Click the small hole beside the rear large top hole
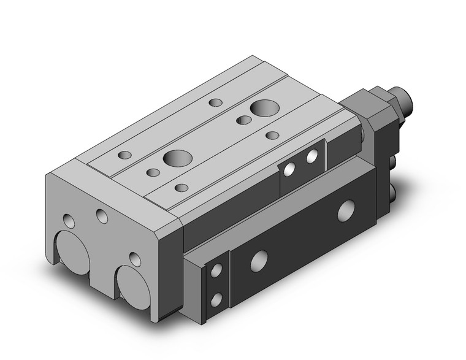point(244,120)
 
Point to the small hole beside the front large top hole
point(152,172)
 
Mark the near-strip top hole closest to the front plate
point(181,188)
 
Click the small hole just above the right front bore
point(134,258)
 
